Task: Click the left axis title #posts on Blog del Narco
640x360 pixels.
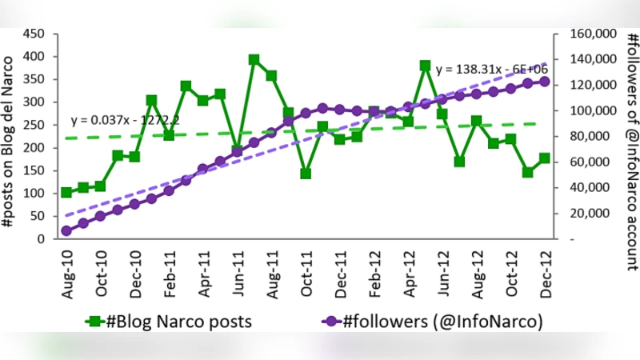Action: [10, 136]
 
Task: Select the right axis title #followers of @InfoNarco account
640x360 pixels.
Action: [629, 136]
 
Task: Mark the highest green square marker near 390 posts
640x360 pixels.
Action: [254, 60]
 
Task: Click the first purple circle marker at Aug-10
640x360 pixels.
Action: [66, 230]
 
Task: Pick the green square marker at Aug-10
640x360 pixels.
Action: [66, 193]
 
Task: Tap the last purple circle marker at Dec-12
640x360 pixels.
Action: [545, 82]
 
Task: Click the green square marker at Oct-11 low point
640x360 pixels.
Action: [306, 174]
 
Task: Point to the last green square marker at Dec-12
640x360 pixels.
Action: [545, 158]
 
